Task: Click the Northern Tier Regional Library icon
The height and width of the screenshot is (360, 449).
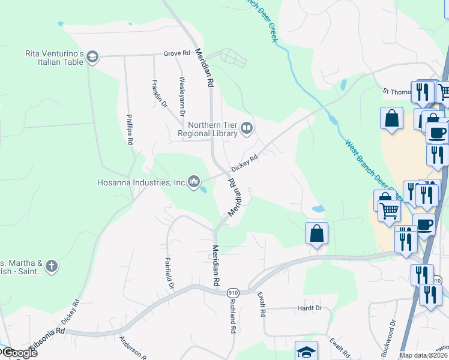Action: pos(246,128)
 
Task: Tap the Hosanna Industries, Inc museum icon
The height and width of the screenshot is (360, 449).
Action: pos(194,181)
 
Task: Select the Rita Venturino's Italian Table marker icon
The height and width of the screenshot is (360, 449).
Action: pos(92,58)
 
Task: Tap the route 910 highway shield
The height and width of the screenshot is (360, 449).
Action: pos(233,292)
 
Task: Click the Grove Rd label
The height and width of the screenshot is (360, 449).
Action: pos(176,53)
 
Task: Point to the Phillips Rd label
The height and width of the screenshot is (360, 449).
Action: pos(129,130)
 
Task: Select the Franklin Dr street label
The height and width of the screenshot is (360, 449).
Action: pos(159,94)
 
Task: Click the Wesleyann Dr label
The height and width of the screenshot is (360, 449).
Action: pos(182,95)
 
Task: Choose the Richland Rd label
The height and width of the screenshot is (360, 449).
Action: pos(231,316)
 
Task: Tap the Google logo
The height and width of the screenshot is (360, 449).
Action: pos(20,353)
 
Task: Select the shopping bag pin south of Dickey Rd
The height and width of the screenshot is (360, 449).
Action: pos(316,233)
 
